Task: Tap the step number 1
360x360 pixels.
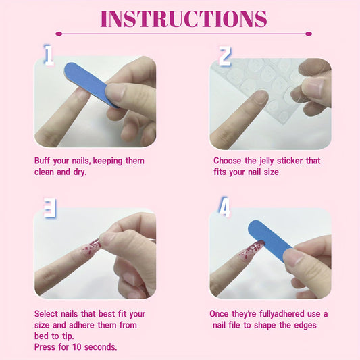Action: (48, 55)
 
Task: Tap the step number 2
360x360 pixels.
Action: (225, 56)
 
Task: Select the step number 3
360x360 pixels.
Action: (49, 208)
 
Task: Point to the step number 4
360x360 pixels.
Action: (224, 207)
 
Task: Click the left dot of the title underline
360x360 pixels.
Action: (58, 33)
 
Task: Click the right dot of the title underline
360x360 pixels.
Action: (309, 33)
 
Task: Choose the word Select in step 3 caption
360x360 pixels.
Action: (47, 314)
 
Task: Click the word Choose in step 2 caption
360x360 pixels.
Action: (228, 161)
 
